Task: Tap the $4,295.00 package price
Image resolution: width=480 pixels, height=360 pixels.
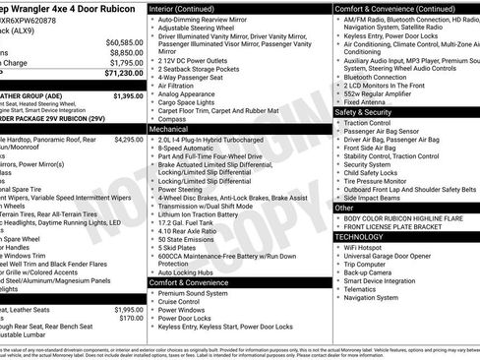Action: point(128,140)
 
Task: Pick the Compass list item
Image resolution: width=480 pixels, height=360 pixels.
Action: point(172,119)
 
